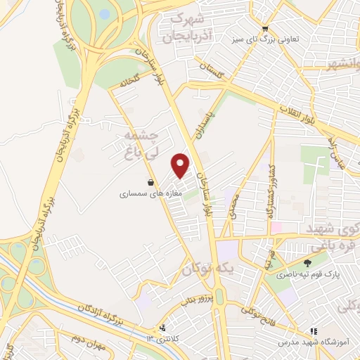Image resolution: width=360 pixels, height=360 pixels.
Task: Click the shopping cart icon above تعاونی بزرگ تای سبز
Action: pos(265,29)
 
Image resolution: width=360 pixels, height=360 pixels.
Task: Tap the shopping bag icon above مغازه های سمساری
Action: pos(149,181)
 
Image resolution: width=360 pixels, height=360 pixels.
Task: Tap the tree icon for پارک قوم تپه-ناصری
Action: pos(307,263)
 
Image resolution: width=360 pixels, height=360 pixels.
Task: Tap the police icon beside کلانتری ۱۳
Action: pos(163,327)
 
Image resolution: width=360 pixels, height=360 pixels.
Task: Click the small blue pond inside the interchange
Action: pos(104,13)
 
